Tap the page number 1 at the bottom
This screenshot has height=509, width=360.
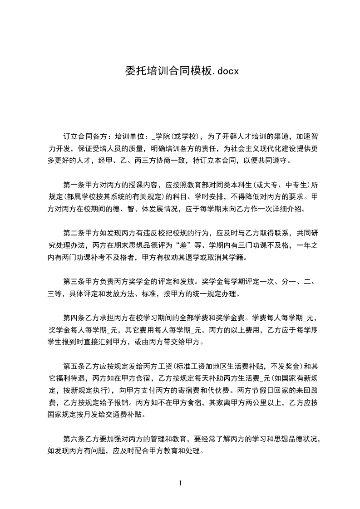pos(180,483)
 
